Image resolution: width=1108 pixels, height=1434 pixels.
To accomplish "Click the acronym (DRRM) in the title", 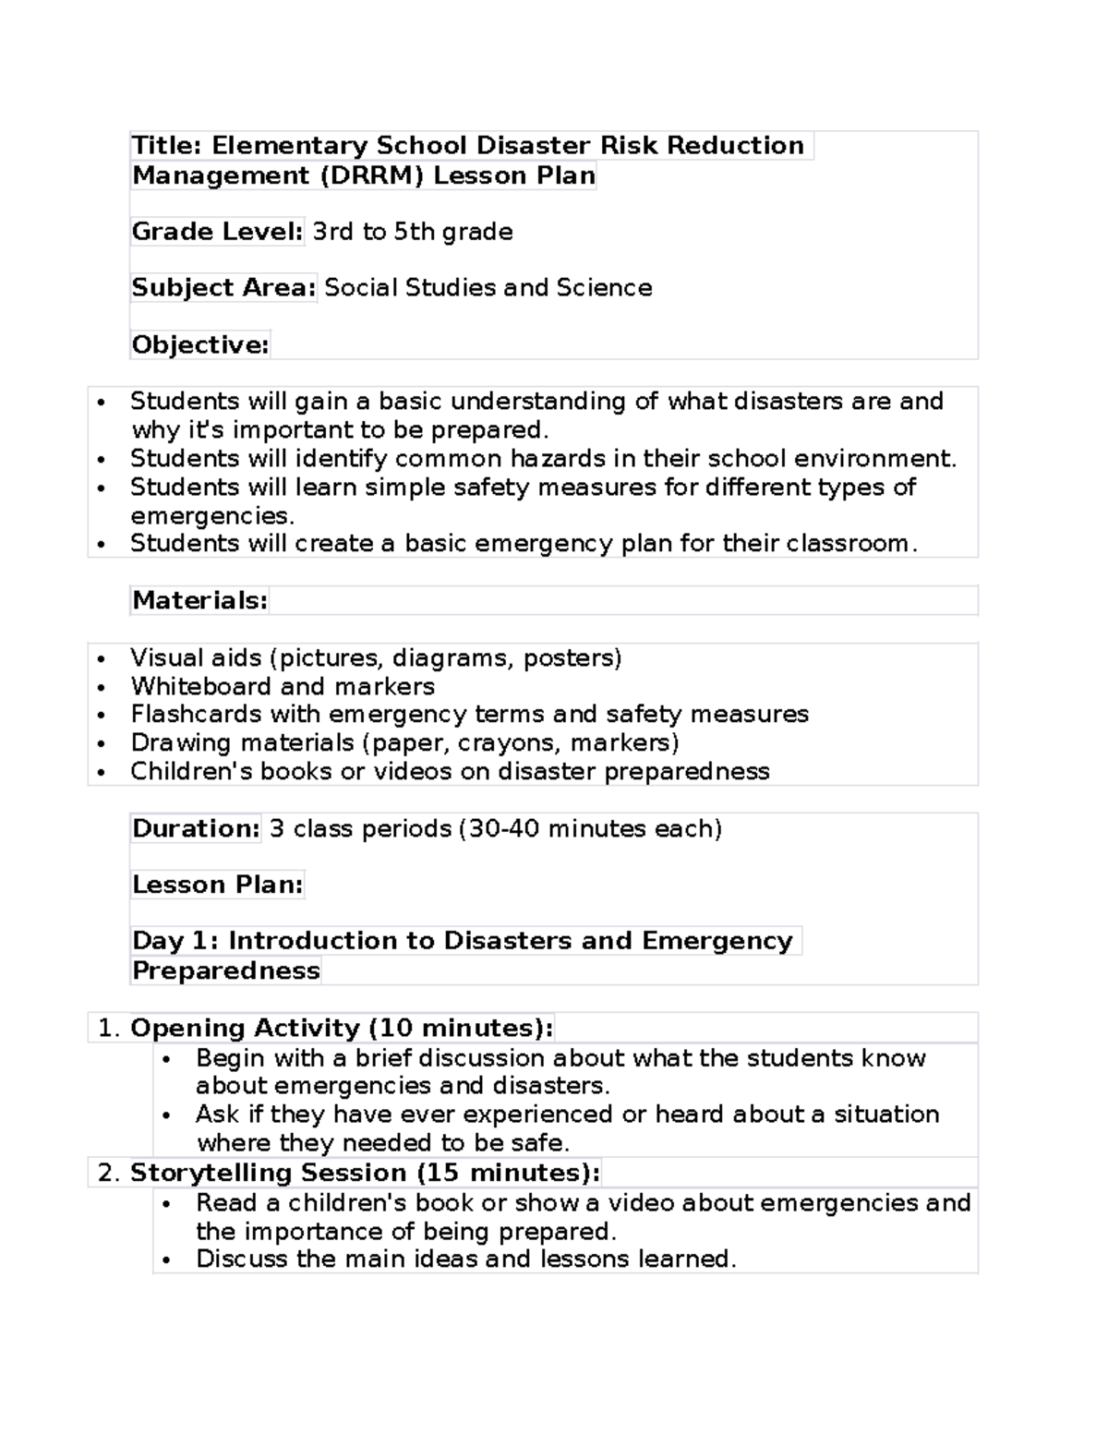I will coord(372,175).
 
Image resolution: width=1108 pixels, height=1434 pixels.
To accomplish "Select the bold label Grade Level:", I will coord(217,232).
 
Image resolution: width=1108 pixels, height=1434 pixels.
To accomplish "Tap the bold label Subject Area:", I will coord(223,288).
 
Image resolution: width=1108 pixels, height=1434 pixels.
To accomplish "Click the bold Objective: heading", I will coord(200,345).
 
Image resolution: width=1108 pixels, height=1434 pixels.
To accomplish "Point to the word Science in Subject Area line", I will coord(604,288).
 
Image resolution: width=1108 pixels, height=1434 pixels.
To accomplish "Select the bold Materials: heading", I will coord(199,601).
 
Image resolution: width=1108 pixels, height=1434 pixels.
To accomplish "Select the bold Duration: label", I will coord(196,829).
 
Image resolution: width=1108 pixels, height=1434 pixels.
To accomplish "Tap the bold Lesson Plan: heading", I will coord(217,886).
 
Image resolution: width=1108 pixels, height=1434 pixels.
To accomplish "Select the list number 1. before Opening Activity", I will coord(109,1029).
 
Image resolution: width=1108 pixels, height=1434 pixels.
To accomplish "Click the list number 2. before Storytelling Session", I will coord(109,1174).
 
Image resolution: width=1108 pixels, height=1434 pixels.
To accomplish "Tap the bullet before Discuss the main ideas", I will coord(167,1261).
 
